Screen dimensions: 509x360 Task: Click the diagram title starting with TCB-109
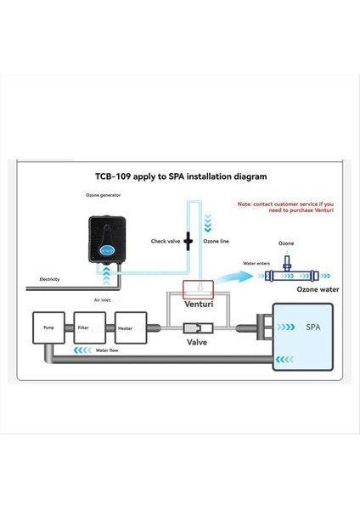(x=181, y=177)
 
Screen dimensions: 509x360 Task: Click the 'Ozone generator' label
(x=103, y=196)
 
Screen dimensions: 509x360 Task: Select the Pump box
(x=48, y=327)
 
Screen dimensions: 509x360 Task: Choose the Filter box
(x=89, y=327)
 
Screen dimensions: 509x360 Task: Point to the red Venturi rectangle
(x=198, y=288)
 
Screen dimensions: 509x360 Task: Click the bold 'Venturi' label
(x=198, y=303)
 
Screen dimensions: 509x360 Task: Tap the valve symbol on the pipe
(x=198, y=327)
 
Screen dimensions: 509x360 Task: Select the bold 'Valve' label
(x=198, y=343)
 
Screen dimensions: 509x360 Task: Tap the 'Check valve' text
(x=165, y=242)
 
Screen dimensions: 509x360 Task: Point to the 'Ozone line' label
(x=216, y=242)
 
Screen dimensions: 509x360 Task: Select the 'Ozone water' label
(x=318, y=290)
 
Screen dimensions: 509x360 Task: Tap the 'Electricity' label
(x=49, y=279)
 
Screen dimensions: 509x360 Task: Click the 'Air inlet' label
(x=103, y=299)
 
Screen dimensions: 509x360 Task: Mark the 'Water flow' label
(x=107, y=350)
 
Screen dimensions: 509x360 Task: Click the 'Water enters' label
(x=257, y=264)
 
